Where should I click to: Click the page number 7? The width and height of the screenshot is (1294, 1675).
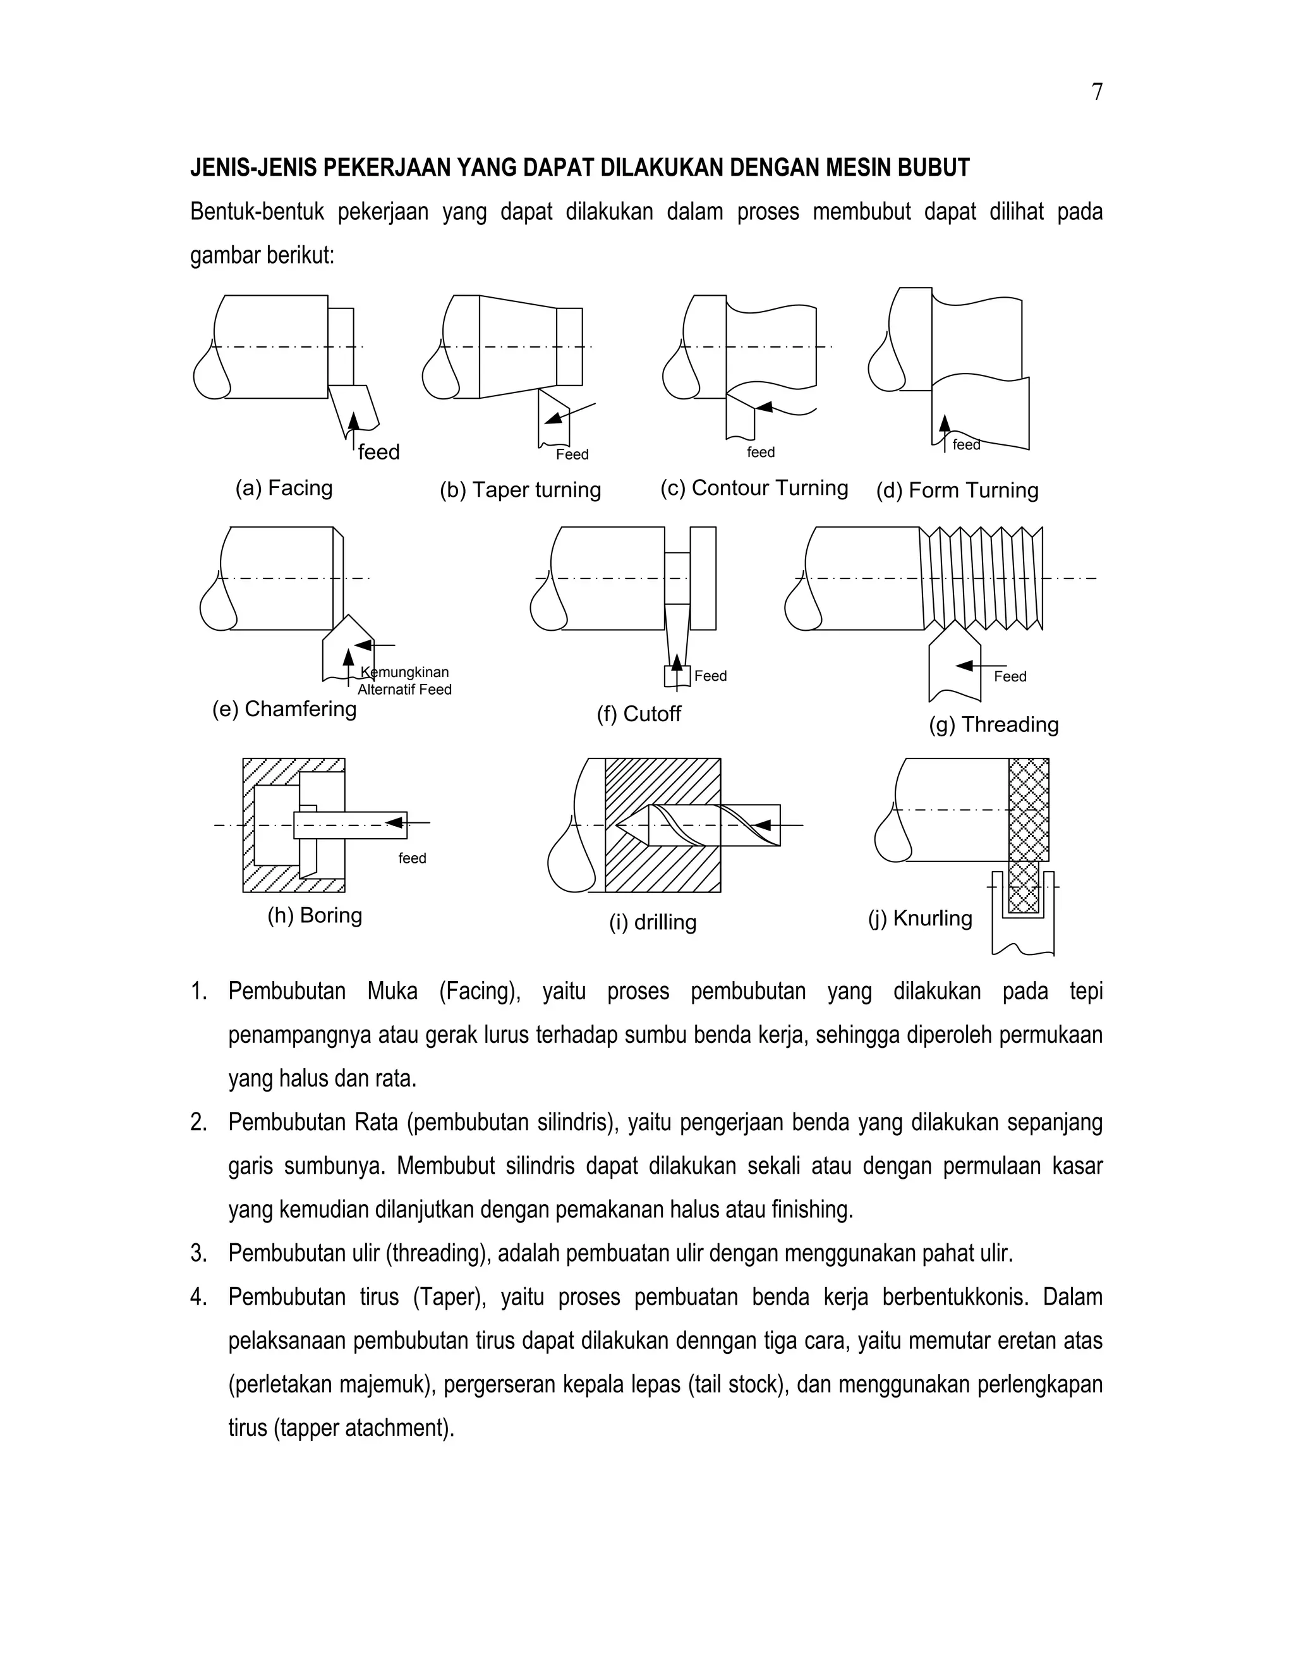[x=1097, y=93]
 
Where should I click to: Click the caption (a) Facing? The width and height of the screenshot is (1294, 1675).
[x=284, y=489]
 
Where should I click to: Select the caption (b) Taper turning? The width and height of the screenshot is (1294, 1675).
[x=520, y=490]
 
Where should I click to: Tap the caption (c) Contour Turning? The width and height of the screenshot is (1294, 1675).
[x=754, y=489]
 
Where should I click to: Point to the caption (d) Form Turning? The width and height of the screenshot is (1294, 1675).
[x=957, y=491]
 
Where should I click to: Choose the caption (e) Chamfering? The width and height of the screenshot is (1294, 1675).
[x=284, y=709]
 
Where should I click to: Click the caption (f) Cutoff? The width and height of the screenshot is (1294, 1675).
[x=639, y=715]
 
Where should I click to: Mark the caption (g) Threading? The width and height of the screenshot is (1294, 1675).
[x=993, y=725]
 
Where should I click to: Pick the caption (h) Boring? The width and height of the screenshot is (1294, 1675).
[x=314, y=916]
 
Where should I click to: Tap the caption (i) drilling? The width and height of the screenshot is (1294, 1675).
[x=652, y=923]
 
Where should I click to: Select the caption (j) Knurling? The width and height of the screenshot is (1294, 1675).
[x=920, y=919]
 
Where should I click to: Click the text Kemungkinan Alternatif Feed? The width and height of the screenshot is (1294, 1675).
[x=405, y=681]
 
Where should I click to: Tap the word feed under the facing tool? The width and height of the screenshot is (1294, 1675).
[x=378, y=453]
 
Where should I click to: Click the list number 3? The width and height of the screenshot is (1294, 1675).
[x=198, y=1254]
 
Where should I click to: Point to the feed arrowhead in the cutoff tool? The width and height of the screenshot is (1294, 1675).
[x=677, y=661]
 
